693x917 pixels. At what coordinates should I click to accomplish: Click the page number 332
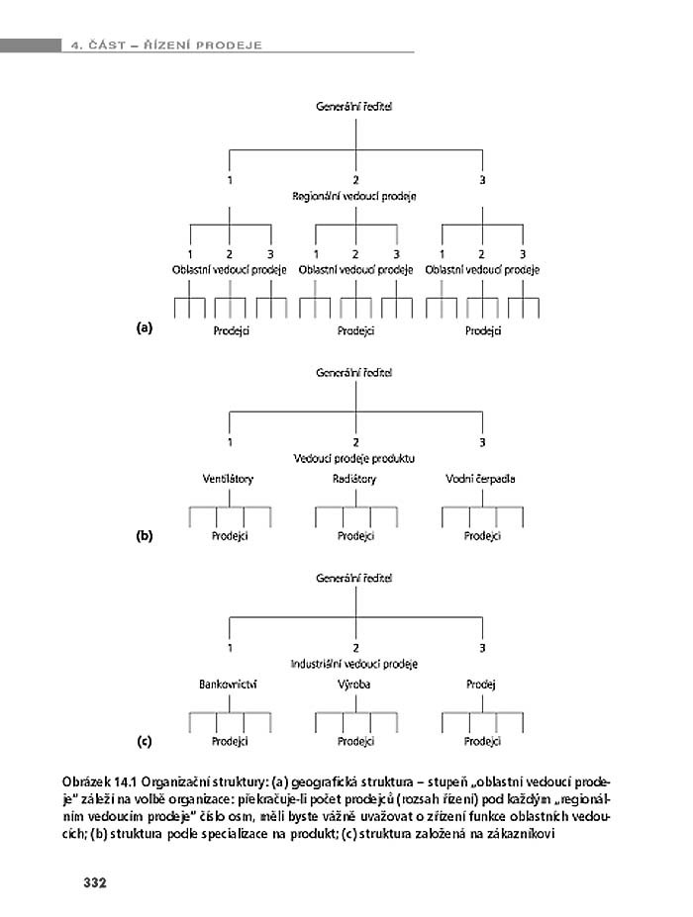(x=94, y=881)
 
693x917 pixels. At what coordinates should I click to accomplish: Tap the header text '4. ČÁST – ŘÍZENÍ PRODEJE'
(x=165, y=44)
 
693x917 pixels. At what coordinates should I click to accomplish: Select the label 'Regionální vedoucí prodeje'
(x=354, y=196)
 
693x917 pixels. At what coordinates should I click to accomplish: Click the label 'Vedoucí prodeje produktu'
(x=354, y=459)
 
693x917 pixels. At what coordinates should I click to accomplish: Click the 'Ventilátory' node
(x=228, y=479)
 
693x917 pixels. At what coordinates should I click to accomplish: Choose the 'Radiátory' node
(x=354, y=479)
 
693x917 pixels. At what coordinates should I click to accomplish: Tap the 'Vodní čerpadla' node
(x=481, y=479)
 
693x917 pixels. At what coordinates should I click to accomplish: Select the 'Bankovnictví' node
(x=228, y=684)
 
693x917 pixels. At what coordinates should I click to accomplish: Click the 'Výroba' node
(x=354, y=684)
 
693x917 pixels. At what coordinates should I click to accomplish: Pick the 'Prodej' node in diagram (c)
(x=481, y=684)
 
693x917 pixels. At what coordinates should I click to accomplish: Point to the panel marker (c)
(x=145, y=739)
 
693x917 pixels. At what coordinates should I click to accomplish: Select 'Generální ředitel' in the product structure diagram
(x=354, y=373)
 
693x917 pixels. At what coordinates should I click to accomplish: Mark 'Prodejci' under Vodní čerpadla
(x=483, y=535)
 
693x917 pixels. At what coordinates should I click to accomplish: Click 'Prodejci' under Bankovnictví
(x=230, y=740)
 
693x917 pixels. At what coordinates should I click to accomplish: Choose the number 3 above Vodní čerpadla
(x=482, y=441)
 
